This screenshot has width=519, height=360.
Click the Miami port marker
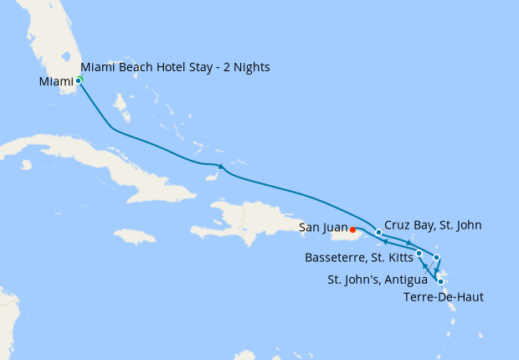79,80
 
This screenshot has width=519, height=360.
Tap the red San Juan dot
352,229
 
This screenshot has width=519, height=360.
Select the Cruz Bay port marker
379,232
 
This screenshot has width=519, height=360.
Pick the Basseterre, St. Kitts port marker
419,252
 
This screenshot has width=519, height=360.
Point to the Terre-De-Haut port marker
440,281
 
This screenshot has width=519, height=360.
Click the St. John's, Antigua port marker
436,257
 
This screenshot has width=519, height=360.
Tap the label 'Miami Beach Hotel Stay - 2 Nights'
175,67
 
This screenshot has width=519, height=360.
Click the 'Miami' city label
56,81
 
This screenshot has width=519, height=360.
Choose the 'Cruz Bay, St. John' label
433,225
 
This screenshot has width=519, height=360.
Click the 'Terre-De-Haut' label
441,296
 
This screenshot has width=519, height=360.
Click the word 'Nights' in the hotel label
250,67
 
